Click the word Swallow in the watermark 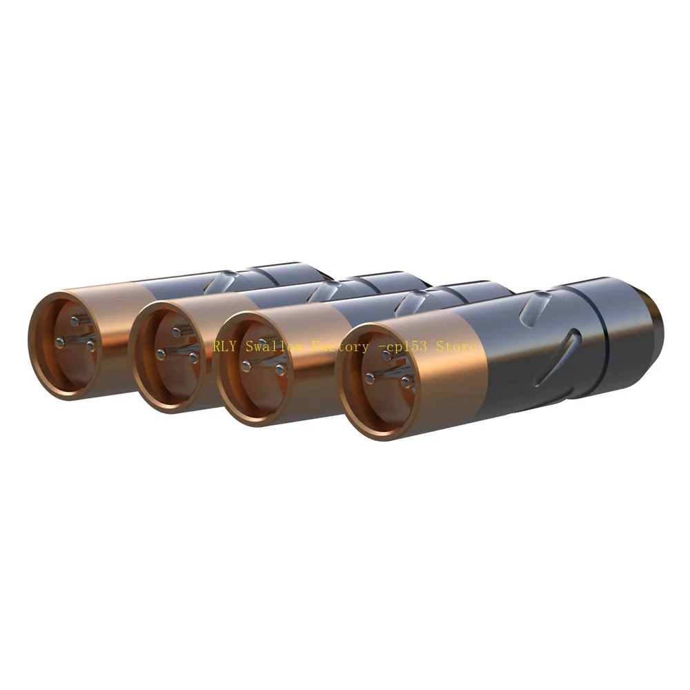pyautogui.click(x=275, y=346)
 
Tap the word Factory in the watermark pyautogui.click(x=340, y=347)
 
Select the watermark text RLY pyautogui.click(x=224, y=346)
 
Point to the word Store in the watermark pyautogui.click(x=456, y=346)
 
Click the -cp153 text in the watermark pyautogui.click(x=402, y=346)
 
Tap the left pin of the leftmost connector pyautogui.click(x=61, y=340)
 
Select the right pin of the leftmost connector pyautogui.click(x=91, y=347)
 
